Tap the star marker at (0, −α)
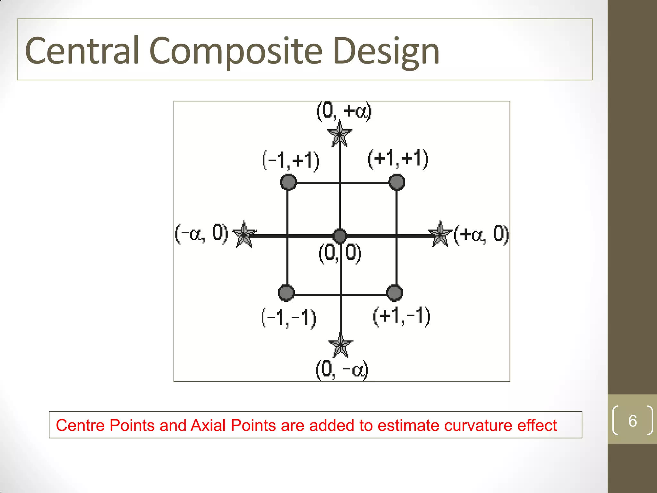coord(341,345)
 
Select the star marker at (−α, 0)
coord(244,235)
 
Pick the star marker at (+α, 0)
coord(441,234)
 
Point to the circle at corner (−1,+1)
coord(288,182)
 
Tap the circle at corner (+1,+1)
coord(397,182)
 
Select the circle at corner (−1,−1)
coord(286,293)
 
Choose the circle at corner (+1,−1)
coord(395,293)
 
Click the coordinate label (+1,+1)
coord(398,159)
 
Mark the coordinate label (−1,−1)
coord(289,318)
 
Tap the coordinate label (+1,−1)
coord(401,316)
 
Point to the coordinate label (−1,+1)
coord(291,160)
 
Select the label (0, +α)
coord(344,111)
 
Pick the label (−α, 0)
coord(201,233)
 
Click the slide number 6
coord(632,421)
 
